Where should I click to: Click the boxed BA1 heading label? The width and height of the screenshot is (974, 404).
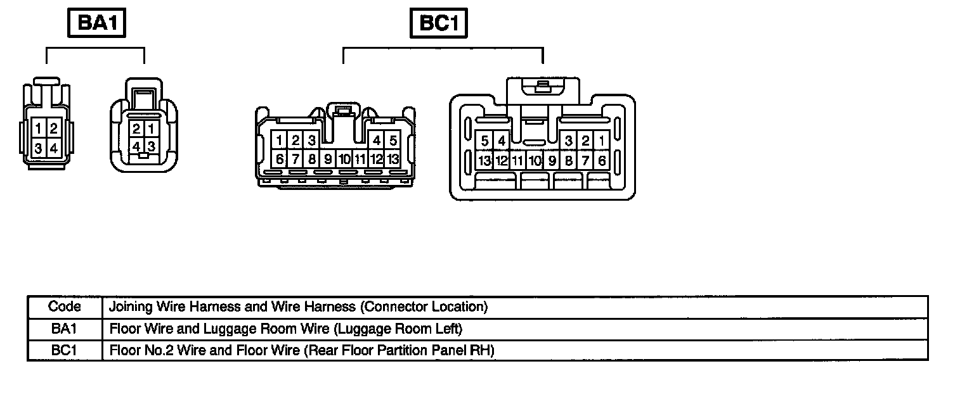(96, 23)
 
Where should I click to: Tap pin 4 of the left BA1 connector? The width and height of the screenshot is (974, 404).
(54, 149)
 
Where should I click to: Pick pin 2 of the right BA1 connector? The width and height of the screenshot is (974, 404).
(136, 129)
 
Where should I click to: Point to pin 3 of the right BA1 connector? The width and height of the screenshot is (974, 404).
(152, 146)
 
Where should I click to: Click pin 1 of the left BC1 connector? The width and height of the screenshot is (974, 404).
(280, 141)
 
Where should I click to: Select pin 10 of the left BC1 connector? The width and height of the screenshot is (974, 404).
(344, 159)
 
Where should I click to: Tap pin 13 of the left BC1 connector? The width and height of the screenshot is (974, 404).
(393, 159)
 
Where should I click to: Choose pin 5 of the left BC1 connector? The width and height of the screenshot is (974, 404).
(393, 141)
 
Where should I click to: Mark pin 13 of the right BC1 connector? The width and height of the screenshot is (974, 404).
(485, 160)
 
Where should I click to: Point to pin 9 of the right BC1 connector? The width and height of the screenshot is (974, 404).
(552, 160)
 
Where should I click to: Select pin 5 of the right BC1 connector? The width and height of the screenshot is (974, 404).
(485, 141)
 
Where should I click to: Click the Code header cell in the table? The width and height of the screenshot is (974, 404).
(65, 307)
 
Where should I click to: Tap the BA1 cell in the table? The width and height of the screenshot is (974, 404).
(65, 329)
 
